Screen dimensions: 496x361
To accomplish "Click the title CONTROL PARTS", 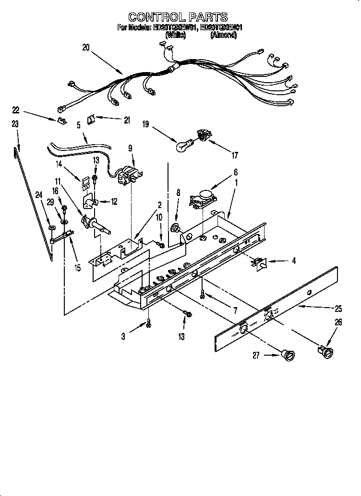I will (x=178, y=18).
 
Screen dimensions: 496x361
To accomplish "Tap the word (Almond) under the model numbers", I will (x=224, y=35).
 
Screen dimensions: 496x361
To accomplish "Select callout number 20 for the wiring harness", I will (x=85, y=47).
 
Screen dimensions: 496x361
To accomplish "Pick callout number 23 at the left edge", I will (x=15, y=124).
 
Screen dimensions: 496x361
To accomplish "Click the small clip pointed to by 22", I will (x=61, y=120).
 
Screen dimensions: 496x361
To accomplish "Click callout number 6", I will (x=235, y=172).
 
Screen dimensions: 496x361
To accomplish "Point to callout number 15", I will (x=77, y=268).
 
